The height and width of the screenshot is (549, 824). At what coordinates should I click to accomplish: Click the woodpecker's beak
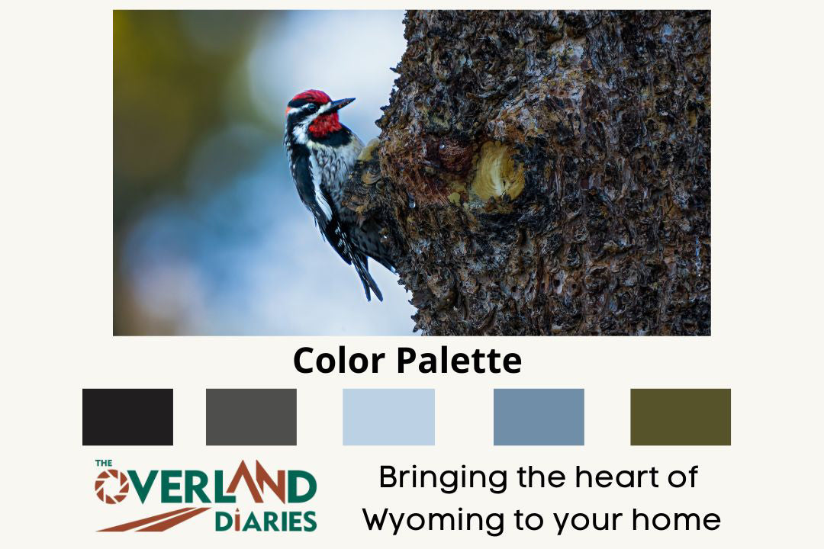click(x=341, y=104)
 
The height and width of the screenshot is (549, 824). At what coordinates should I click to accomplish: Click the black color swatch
click(x=127, y=416)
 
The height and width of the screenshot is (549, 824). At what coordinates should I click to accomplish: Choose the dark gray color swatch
click(x=251, y=416)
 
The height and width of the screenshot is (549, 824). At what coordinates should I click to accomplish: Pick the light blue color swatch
click(x=388, y=416)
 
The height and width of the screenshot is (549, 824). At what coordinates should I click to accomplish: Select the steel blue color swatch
click(x=539, y=416)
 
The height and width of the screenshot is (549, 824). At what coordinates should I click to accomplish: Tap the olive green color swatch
click(x=680, y=416)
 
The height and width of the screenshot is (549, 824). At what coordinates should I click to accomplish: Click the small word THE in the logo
click(x=104, y=463)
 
